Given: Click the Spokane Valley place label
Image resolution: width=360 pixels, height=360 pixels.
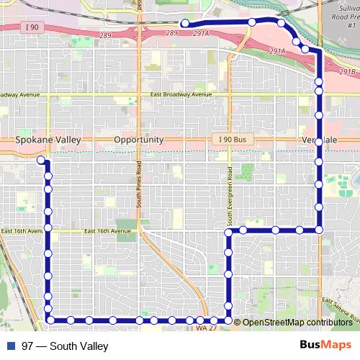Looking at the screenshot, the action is click(48, 140).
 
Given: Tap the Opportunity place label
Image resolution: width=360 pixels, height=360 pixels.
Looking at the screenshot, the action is click(139, 140).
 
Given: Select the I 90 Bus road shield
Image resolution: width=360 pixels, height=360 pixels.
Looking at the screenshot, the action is click(231, 139).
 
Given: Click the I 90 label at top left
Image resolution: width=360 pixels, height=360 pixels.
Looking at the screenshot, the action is click(30, 27).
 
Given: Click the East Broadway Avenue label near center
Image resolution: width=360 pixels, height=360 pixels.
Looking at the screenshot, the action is click(181, 95).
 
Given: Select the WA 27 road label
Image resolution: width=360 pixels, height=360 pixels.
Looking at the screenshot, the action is click(205, 328).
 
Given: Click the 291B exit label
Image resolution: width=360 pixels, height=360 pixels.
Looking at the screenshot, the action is click(348, 72).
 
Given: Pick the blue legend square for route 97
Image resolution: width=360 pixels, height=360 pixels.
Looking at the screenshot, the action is click(10, 346).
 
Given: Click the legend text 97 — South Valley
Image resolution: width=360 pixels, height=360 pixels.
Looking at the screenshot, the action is click(65, 346).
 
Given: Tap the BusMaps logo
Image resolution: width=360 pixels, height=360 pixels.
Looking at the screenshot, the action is click(325, 346).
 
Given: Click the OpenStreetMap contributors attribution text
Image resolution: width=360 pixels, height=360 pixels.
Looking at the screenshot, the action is click(297, 322).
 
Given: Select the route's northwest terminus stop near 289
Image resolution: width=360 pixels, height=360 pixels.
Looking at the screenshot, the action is click(185, 24).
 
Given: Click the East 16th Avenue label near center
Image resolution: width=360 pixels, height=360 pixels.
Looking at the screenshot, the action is click(109, 231).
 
